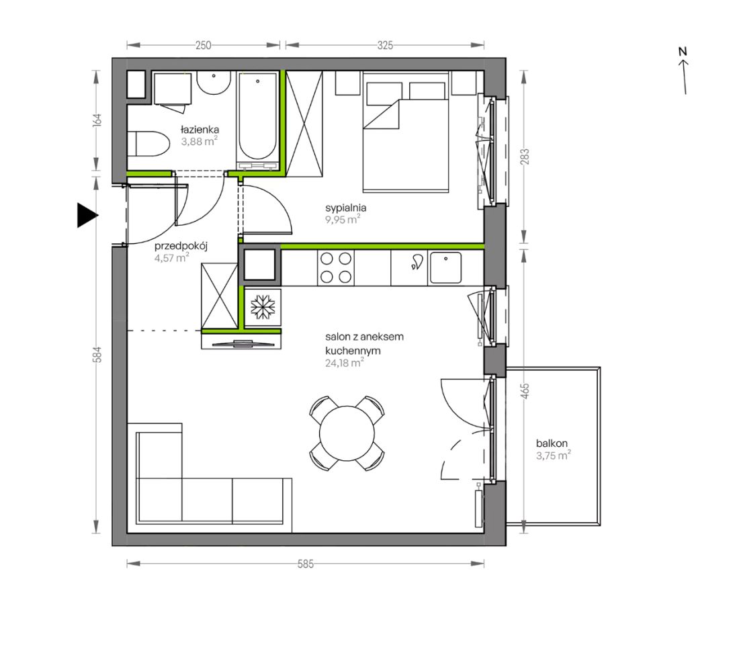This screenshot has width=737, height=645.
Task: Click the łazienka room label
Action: pyautogui.click(x=200, y=129)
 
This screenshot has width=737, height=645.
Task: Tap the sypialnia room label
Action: pyautogui.click(x=345, y=208)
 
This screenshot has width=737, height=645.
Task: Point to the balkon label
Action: pyautogui.click(x=552, y=443)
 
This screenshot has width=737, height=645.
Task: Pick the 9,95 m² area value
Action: pyautogui.click(x=343, y=219)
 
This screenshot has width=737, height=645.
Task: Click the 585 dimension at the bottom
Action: pyautogui.click(x=306, y=564)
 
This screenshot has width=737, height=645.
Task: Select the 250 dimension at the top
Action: pyautogui.click(x=203, y=45)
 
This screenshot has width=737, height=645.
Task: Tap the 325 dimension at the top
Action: pyautogui.click(x=385, y=45)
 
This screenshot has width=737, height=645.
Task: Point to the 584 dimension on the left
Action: pyautogui.click(x=97, y=355)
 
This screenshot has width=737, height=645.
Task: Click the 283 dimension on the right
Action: pyautogui.click(x=525, y=157)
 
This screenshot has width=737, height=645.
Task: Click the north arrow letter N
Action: pyautogui.click(x=683, y=51)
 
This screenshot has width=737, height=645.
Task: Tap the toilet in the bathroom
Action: pyautogui.click(x=148, y=143)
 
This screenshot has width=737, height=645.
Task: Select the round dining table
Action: pyautogui.click(x=347, y=433)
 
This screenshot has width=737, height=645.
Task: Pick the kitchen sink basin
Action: pyautogui.click(x=445, y=268)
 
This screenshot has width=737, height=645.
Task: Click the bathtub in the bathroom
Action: pyautogui.click(x=257, y=120)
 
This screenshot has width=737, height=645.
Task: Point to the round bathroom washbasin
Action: pyautogui.click(x=214, y=82)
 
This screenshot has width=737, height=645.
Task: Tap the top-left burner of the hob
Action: pyautogui.click(x=327, y=259)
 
